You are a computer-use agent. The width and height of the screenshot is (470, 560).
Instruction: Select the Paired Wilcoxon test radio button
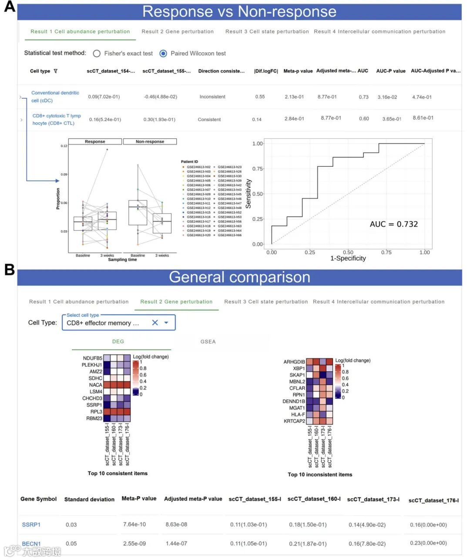163,54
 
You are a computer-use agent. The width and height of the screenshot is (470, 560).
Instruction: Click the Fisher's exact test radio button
97,54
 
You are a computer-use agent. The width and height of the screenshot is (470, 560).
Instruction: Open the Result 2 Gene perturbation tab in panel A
178,32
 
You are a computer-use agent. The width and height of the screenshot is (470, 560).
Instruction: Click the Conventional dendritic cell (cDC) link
55,97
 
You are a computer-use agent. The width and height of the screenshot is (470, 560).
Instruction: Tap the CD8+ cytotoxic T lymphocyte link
57,119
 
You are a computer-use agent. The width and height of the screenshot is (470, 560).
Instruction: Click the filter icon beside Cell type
55,71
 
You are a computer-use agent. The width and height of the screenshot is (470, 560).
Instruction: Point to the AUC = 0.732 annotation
393,224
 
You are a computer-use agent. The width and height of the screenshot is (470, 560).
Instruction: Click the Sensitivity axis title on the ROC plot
248,194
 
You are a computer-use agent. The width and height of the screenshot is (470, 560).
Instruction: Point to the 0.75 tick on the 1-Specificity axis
386,252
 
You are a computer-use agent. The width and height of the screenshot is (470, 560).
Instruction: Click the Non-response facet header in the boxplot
150,141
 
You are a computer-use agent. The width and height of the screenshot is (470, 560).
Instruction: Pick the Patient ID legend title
190,162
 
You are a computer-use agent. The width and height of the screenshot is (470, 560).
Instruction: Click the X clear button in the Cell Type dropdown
155,323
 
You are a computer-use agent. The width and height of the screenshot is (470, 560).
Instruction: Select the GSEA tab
208,342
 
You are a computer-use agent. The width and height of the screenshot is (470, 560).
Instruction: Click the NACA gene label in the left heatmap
96,385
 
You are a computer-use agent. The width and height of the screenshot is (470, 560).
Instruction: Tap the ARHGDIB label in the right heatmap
294,362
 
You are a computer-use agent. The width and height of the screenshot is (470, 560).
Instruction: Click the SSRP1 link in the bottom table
31,525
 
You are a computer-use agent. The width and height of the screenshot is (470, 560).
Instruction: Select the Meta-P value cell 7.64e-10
134,524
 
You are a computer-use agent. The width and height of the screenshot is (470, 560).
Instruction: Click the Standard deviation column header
89,500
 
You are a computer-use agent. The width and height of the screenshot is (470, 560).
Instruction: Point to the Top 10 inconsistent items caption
320,475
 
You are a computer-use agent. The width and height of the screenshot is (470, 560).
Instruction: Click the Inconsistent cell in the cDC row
212,97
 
